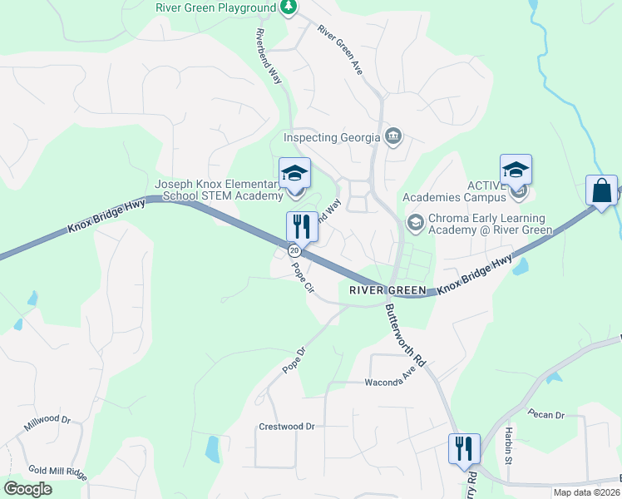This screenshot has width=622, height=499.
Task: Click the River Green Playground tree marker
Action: point(289,7)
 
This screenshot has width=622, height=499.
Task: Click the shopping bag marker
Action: point(601,190)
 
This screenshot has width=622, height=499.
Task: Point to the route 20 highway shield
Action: point(294,249)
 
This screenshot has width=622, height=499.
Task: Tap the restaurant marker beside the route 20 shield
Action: point(300,225)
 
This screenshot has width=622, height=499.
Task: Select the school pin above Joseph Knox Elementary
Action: point(294,174)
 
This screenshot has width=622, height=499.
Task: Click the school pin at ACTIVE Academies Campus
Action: point(516,170)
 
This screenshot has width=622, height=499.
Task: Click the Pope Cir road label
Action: point(302,278)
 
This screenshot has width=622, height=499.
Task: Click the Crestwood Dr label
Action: point(287,427)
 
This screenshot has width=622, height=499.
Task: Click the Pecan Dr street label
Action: point(546,414)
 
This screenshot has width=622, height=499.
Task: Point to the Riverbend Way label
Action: point(269,55)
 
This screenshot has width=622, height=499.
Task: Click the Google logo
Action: point(28,489)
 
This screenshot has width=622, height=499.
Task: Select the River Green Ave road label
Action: point(340,50)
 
